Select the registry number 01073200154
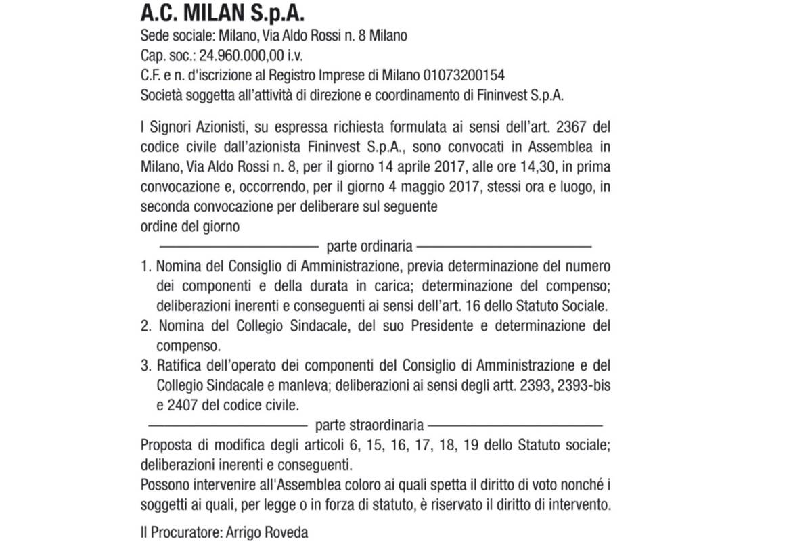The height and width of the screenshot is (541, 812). pyautogui.click(x=465, y=74)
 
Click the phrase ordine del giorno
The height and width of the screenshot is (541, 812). pyautogui.click(x=190, y=226)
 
